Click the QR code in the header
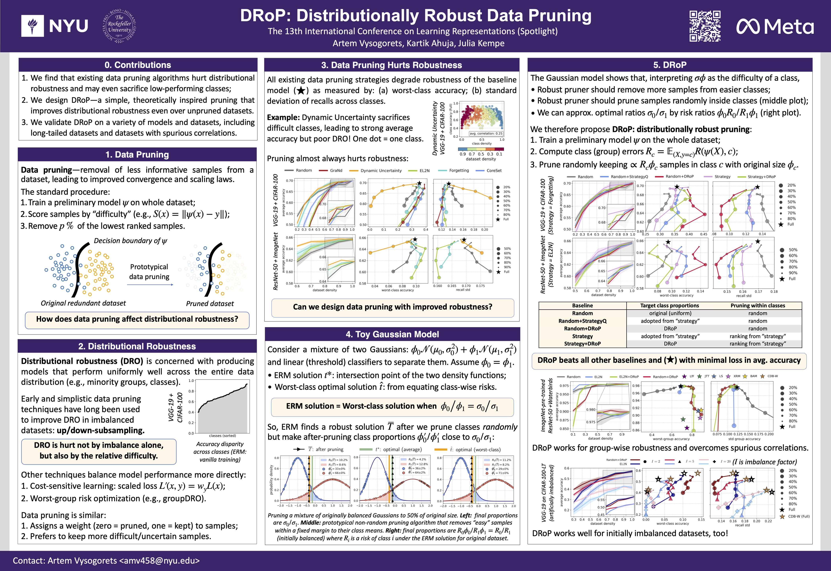(x=705, y=26)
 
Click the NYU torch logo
(x=33, y=26)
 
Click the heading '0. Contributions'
(x=138, y=65)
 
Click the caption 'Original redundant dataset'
(x=83, y=303)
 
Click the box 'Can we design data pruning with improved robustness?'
(x=392, y=307)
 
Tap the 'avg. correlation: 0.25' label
(x=486, y=133)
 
